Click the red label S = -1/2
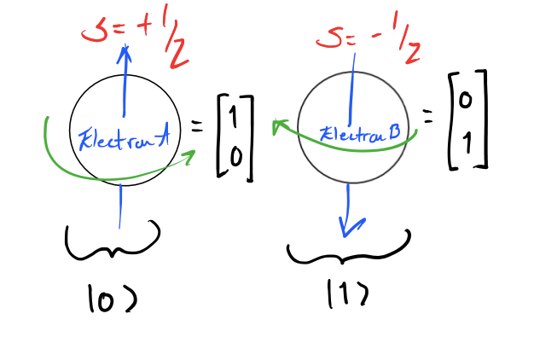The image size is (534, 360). tap(369, 42)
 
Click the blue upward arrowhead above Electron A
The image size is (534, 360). tap(125, 53)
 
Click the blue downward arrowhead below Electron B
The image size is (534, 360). tap(348, 226)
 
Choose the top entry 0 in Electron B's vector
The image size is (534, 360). tap(465, 102)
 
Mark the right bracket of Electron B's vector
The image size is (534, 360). tap(483, 120)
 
